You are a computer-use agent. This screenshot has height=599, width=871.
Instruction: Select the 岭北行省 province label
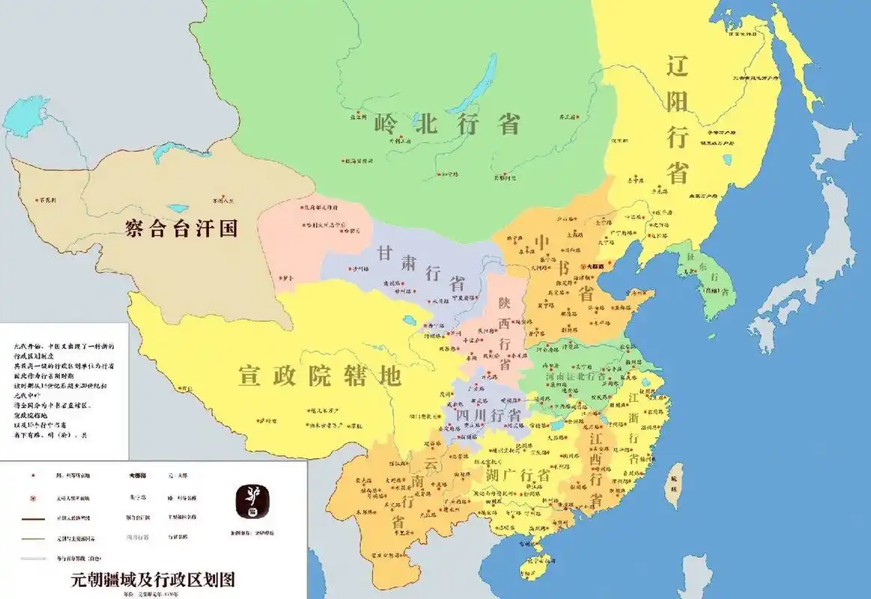pos(447,124)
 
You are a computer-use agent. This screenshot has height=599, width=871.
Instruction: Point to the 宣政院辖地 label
pos(320,375)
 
